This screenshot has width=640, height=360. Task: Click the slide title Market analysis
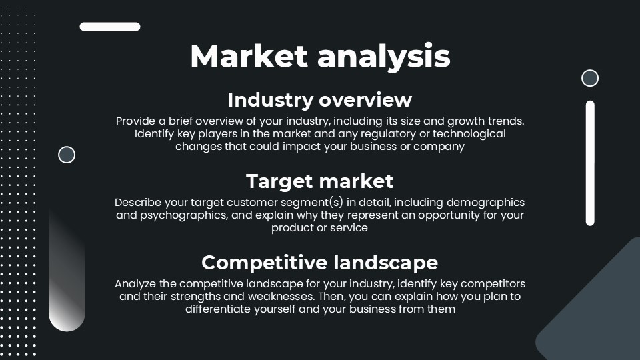pos(320,56)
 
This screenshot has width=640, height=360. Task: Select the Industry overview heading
pos(320,100)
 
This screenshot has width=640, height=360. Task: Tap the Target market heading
pos(320,181)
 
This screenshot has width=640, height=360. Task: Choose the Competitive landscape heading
pos(320,262)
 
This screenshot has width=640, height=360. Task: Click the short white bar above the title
pos(110,27)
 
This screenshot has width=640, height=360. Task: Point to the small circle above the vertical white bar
pos(590,78)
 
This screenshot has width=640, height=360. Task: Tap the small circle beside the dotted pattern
pos(67,155)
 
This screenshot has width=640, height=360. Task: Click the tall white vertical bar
pos(590,163)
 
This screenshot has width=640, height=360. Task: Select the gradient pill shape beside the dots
pos(67,273)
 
